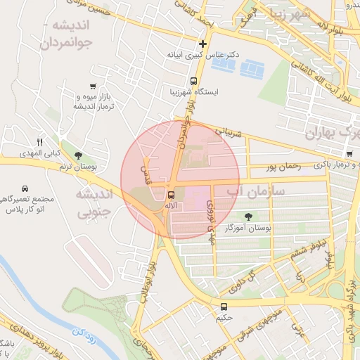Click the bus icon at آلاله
[x=172, y=194]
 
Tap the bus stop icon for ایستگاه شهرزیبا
[x=193, y=81]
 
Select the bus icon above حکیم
[x=224, y=307]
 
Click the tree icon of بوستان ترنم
[x=78, y=156]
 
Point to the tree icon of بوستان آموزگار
[x=247, y=217]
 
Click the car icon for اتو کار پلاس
[x=25, y=189]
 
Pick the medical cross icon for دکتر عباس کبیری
[x=202, y=44]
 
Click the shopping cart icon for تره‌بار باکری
[x=349, y=154]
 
